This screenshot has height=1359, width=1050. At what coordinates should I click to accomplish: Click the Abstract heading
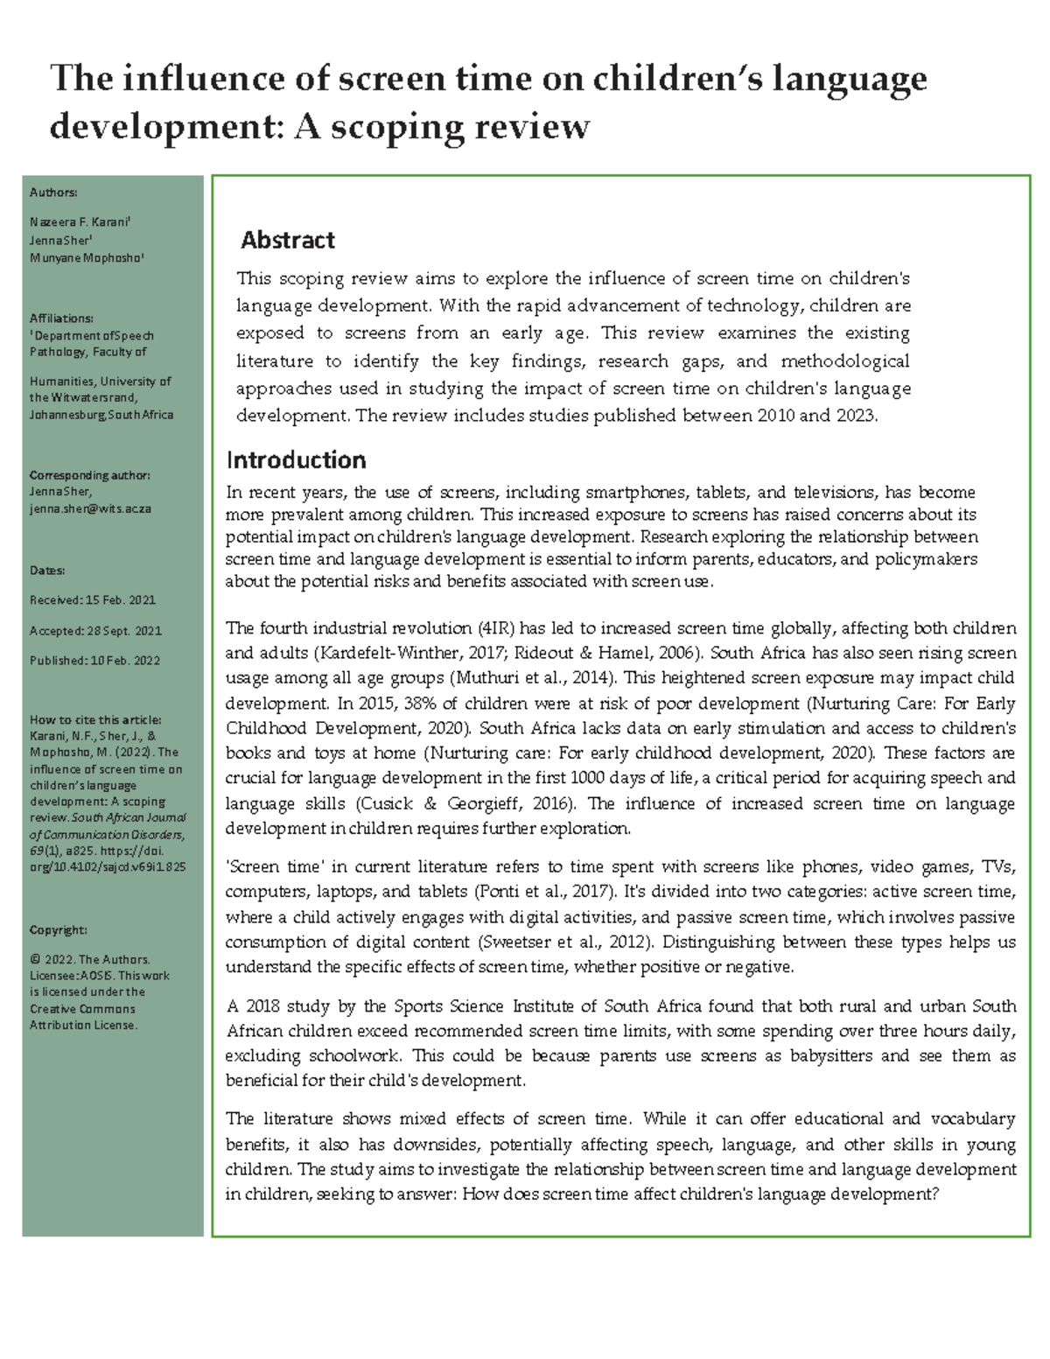(x=287, y=240)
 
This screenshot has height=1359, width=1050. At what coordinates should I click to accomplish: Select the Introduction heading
(x=296, y=460)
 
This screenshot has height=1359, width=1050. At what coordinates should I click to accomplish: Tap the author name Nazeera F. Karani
(x=80, y=222)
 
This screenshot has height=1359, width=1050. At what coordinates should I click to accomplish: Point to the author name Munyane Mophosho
(x=86, y=258)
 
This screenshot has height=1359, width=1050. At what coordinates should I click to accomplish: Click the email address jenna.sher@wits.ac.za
(x=90, y=508)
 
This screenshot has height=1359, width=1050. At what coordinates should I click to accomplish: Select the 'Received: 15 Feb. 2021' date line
(x=92, y=600)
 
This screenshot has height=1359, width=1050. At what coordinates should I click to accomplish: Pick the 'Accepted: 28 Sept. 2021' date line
(x=95, y=631)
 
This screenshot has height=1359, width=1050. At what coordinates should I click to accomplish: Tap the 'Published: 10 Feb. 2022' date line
(x=94, y=661)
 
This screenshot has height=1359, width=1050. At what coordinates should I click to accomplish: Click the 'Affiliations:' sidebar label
(x=61, y=319)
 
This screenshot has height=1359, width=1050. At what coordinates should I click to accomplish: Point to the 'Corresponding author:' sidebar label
(x=89, y=475)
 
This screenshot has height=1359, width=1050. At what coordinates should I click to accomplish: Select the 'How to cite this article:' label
(x=95, y=720)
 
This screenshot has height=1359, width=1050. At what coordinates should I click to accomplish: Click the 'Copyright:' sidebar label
(x=58, y=930)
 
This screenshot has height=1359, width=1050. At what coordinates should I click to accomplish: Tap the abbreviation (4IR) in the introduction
(x=497, y=628)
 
